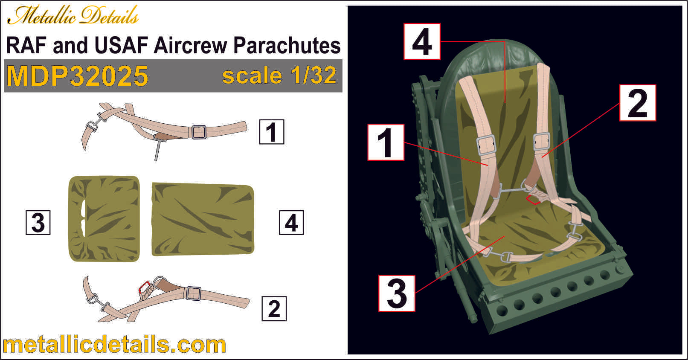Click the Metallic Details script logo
pos(73,16)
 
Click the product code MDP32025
pos(77,76)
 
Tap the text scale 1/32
pos(279,75)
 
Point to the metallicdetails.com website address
pos(114,345)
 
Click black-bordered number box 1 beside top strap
pos(272,132)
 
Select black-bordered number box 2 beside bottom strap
pos(274,309)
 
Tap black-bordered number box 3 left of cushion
pos(38,222)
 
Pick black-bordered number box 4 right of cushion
pos(291,222)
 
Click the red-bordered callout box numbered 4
pos(422,41)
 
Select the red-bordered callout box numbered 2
pos(638,103)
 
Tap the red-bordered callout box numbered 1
pos(386,142)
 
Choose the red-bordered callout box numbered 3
pos(397,293)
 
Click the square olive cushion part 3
pos(105,218)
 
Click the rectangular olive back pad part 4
pos(203,219)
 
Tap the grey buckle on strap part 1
pos(198,132)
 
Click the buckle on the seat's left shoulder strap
pos(486,145)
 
